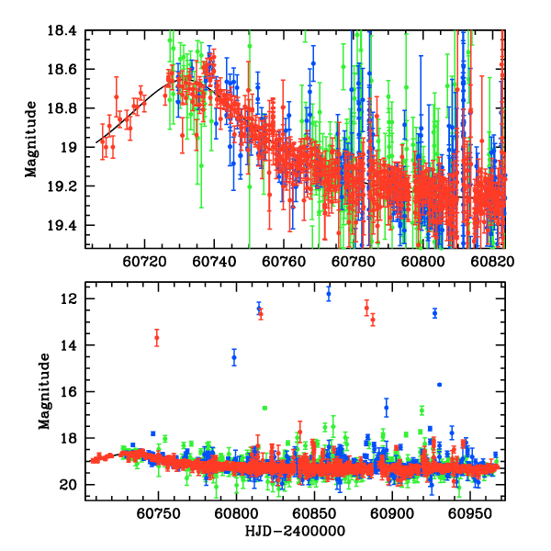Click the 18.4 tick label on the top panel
[x=64, y=30]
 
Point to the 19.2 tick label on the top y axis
[x=64, y=186]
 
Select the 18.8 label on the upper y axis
[x=64, y=108]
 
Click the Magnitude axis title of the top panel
[x=31, y=139]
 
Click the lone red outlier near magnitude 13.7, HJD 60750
[x=157, y=338]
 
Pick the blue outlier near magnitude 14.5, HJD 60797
[x=234, y=357]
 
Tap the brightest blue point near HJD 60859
[x=329, y=293]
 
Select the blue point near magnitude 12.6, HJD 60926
[x=435, y=313]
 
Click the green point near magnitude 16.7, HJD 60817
[x=264, y=408]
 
